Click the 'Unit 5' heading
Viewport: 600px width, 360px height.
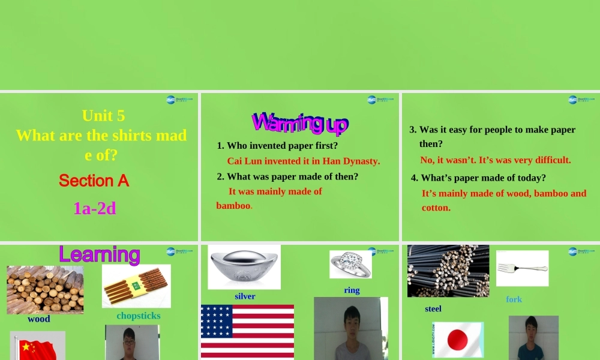click(x=103, y=115)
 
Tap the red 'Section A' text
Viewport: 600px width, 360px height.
click(x=94, y=181)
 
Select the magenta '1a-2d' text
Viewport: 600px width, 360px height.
click(x=95, y=208)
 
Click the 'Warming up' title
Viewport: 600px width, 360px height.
click(x=299, y=123)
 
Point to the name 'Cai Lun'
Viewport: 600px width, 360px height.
click(x=244, y=161)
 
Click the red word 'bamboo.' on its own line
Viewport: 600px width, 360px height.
click(x=234, y=206)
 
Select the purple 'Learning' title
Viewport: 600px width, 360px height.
click(x=99, y=255)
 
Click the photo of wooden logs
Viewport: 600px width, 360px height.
click(x=45, y=289)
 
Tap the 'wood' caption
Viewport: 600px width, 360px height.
click(x=39, y=319)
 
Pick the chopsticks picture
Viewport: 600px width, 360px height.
click(x=136, y=286)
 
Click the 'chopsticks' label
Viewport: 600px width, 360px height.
click(x=139, y=316)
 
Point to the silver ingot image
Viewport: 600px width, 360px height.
click(x=244, y=266)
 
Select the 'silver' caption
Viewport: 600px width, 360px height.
click(x=245, y=296)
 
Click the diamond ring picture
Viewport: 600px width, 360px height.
click(x=350, y=264)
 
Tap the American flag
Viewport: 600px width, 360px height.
click(x=247, y=331)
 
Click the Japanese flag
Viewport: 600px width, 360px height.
click(x=458, y=340)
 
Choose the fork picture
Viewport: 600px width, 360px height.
click(x=522, y=268)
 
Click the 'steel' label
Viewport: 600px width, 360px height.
click(x=433, y=309)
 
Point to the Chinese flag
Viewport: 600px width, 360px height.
click(x=37, y=347)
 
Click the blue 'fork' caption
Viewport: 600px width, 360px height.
click(x=514, y=299)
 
